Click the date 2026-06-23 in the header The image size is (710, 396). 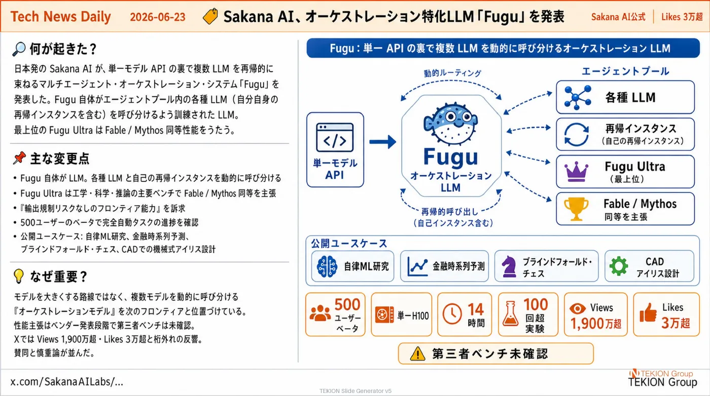(158, 17)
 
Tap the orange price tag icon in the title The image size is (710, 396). (210, 16)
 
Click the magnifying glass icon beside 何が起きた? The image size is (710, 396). (19, 49)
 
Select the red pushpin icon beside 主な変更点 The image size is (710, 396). (19, 158)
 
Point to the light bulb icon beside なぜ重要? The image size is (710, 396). (19, 276)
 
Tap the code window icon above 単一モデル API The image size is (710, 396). (335, 137)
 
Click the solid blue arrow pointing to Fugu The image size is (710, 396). (382, 142)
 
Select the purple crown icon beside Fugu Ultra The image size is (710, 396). (576, 171)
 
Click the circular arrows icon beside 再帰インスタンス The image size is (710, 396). (577, 135)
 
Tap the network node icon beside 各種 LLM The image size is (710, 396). (578, 98)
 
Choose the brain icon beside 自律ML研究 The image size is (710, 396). (327, 266)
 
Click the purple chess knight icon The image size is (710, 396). (509, 266)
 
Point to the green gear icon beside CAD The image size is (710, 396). (618, 266)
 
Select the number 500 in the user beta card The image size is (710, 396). (347, 304)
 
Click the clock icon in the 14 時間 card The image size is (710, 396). (452, 314)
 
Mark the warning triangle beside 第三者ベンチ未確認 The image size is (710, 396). (417, 353)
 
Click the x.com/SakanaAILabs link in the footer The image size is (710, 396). (67, 382)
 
